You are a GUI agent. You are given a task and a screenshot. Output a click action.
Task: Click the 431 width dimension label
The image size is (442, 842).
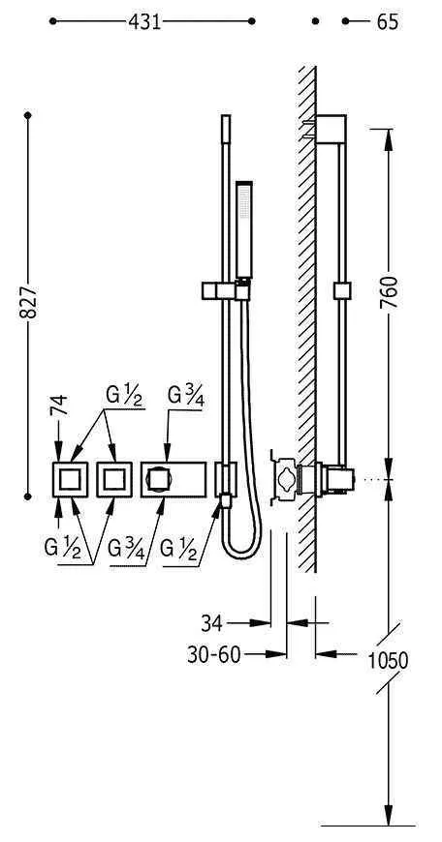(144, 21)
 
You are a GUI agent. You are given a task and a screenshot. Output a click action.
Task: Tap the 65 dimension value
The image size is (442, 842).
(387, 21)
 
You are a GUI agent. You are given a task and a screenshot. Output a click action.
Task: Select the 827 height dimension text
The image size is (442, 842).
(28, 302)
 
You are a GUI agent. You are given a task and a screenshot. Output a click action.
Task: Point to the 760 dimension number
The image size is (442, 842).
(389, 292)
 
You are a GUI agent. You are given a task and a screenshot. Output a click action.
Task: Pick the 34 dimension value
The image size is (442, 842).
(212, 623)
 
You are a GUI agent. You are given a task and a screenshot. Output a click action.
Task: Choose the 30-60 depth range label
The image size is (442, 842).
(214, 654)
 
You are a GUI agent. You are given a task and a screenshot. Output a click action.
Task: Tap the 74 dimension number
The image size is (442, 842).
(58, 405)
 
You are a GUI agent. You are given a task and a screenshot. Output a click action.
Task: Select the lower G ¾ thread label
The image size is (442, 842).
(126, 549)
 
